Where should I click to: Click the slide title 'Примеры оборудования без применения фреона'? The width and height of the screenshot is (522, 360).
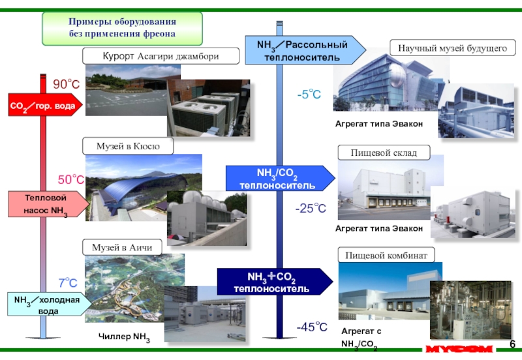[123, 27]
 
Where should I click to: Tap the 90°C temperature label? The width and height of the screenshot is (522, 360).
[66, 85]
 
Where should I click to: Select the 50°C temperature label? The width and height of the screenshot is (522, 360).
[71, 179]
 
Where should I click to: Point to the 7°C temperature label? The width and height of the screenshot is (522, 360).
[68, 283]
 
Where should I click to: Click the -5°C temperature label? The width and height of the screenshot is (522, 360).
[309, 95]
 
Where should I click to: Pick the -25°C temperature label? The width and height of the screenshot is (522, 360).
[310, 209]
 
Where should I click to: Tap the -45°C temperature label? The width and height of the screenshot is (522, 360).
[311, 327]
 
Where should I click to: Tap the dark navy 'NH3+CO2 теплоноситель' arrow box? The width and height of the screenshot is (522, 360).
[275, 282]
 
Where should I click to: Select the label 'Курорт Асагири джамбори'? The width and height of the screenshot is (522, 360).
[161, 57]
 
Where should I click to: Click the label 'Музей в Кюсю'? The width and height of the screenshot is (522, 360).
[128, 145]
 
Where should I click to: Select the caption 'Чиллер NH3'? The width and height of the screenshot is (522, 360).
[124, 337]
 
